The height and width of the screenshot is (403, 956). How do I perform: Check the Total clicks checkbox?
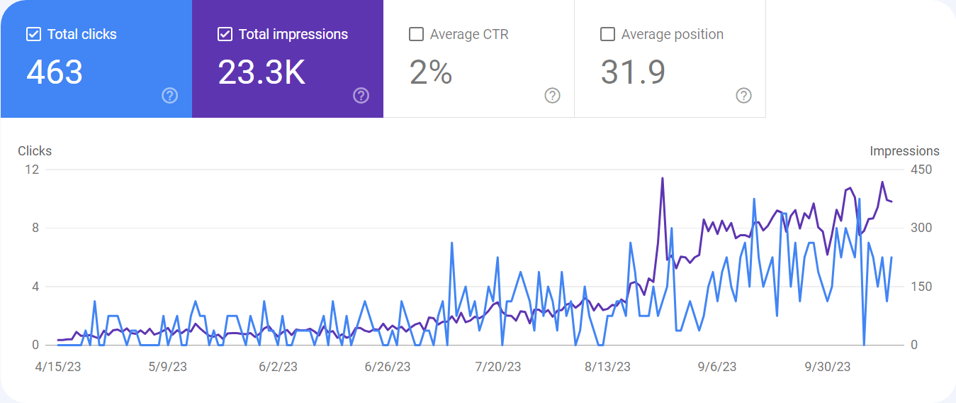pyautogui.click(x=34, y=34)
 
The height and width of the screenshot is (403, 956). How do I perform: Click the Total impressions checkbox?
pyautogui.click(x=225, y=34)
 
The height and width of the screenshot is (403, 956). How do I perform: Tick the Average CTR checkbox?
pyautogui.click(x=416, y=34)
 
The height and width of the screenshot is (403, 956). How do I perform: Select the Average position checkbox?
pyautogui.click(x=608, y=34)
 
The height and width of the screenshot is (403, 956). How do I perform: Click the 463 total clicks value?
pyautogui.click(x=55, y=72)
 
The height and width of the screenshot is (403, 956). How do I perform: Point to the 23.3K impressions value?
pyautogui.click(x=262, y=72)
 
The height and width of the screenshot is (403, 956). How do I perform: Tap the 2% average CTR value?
pyautogui.click(x=431, y=72)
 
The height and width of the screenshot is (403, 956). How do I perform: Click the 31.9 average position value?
pyautogui.click(x=633, y=72)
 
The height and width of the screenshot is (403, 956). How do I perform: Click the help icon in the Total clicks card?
pyautogui.click(x=170, y=96)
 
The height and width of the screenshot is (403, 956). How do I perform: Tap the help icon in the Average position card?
pyautogui.click(x=743, y=96)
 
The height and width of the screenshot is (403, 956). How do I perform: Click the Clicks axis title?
pyautogui.click(x=35, y=151)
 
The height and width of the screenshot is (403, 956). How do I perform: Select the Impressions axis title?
pyautogui.click(x=904, y=151)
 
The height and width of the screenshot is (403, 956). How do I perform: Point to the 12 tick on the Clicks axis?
pyautogui.click(x=32, y=170)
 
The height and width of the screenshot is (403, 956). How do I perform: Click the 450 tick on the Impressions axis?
pyautogui.click(x=921, y=170)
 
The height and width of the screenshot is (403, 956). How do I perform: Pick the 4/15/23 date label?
pyautogui.click(x=58, y=367)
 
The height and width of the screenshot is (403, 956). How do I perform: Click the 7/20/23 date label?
pyautogui.click(x=498, y=367)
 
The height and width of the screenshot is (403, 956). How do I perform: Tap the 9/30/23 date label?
pyautogui.click(x=828, y=367)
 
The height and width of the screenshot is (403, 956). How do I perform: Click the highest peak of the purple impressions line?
pyautogui.click(x=663, y=178)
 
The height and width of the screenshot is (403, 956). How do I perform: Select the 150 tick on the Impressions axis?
pyautogui.click(x=921, y=287)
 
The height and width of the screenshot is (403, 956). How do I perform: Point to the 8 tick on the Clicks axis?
pyautogui.click(x=35, y=228)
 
